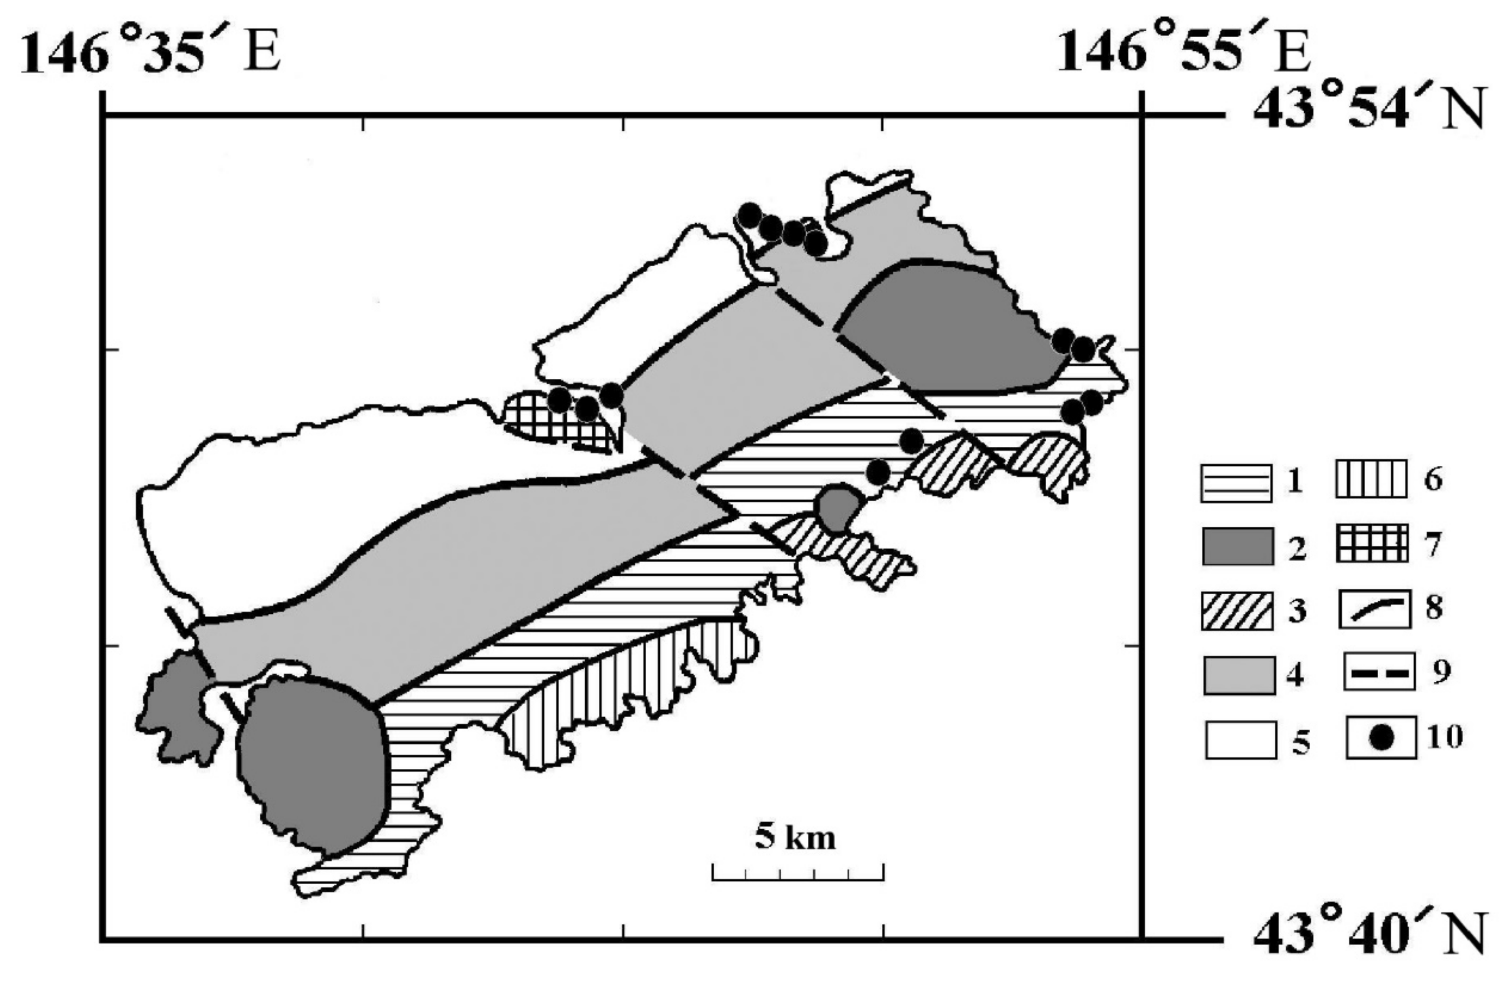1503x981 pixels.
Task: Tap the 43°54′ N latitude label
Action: coord(1367,115)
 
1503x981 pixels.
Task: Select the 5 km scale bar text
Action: coord(795,837)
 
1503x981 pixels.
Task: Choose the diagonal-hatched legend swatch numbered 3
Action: coord(1237,611)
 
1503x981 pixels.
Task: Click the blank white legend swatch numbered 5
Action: coord(1240,740)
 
